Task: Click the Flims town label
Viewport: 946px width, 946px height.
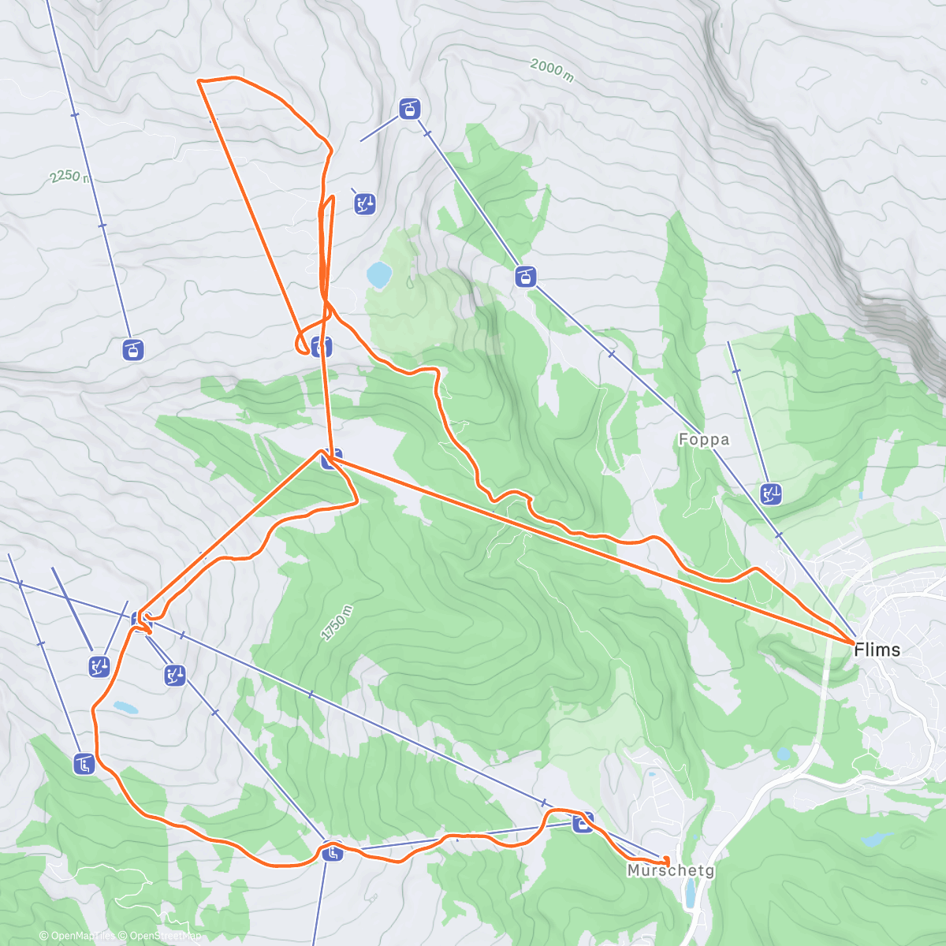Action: [877, 650]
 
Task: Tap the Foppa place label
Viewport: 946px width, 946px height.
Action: [704, 440]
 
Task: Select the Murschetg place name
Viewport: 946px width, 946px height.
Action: [671, 870]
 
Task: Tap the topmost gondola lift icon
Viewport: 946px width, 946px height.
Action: [408, 109]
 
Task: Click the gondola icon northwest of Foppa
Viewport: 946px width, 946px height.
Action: [525, 277]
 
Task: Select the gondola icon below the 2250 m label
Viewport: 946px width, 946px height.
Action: [133, 348]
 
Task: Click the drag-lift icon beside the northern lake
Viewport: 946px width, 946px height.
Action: [364, 203]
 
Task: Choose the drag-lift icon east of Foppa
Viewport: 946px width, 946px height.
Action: [771, 494]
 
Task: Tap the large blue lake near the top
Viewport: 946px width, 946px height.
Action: [379, 275]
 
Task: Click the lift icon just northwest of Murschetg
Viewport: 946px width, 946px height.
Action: [583, 824]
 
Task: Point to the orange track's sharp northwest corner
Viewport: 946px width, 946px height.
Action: [199, 81]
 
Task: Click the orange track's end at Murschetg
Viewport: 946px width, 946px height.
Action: [667, 862]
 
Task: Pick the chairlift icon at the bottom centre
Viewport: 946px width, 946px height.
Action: [332, 852]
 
